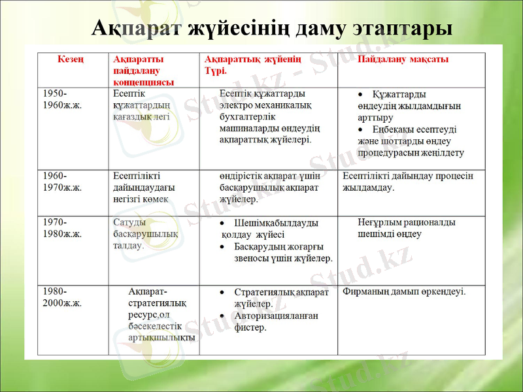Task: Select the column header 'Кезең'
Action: (71, 59)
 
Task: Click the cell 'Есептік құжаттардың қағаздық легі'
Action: (142, 105)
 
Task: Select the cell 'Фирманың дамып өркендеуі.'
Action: (404, 291)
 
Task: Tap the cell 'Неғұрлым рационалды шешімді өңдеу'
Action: (407, 227)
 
